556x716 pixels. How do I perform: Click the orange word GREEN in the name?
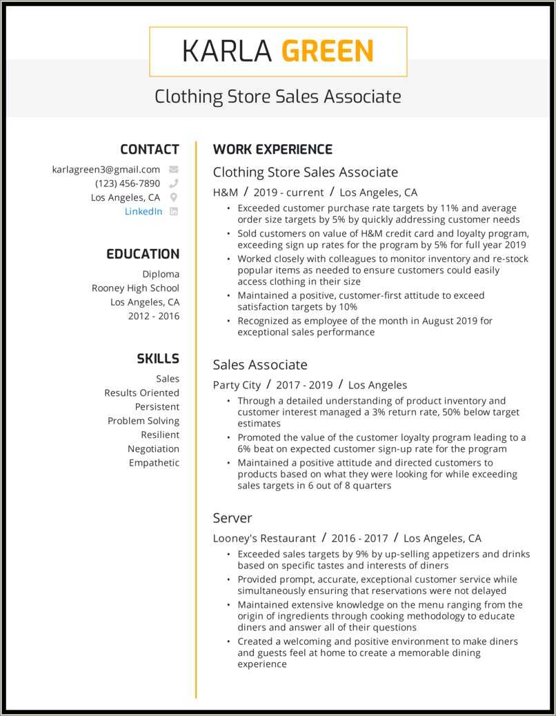(328, 52)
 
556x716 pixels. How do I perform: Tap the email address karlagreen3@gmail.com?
(106, 169)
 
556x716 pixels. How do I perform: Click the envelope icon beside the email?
(174, 169)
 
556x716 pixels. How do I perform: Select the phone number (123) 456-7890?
(128, 183)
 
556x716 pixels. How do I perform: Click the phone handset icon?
(174, 183)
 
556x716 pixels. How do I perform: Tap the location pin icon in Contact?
(174, 197)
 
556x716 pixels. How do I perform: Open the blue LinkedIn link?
(143, 212)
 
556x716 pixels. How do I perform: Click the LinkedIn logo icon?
(174, 212)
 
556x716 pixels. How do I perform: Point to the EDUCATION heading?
(143, 254)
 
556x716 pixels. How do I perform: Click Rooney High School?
(135, 288)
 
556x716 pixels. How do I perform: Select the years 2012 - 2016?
(153, 316)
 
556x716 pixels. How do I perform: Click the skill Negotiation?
(153, 448)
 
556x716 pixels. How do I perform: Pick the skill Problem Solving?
(143, 421)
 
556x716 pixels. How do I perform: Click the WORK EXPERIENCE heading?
(272, 150)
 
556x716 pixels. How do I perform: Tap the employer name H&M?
(226, 192)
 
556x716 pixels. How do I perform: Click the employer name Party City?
(237, 385)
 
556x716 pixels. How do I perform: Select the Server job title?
(232, 518)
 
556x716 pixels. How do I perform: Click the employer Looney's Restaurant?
(264, 538)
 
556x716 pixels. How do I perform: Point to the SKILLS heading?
(158, 359)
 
